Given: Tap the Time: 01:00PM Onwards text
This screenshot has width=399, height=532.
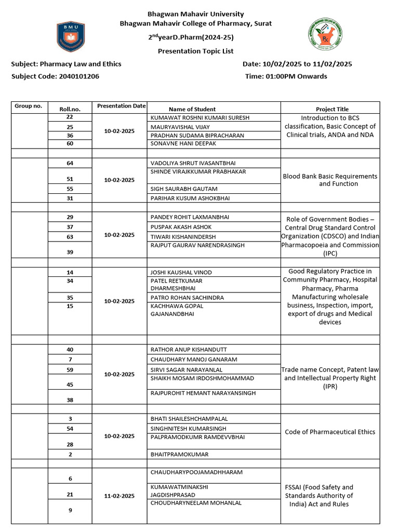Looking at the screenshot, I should click(286, 76).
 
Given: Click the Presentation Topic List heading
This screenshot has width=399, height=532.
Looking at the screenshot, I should click(195, 51).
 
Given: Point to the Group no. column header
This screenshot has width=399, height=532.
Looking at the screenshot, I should click(29, 106).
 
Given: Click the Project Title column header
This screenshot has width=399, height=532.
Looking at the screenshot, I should click(332, 109).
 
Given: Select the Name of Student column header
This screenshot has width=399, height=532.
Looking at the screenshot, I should click(192, 109).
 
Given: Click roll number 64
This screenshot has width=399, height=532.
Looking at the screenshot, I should click(70, 163).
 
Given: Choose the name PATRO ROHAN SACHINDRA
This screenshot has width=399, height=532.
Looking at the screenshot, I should click(187, 298).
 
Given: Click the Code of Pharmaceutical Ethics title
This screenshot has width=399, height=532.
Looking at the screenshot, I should click(330, 432).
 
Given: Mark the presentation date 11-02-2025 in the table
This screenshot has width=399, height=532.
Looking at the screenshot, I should click(119, 496).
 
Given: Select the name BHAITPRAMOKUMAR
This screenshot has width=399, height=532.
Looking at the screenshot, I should click(179, 455).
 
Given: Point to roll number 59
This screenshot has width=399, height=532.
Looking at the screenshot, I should click(70, 370).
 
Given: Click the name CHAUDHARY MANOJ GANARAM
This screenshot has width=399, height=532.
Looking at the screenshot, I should click(194, 360).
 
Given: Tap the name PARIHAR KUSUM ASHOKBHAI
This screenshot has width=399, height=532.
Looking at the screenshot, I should click(190, 198).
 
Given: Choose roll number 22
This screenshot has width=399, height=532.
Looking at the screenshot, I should click(70, 118).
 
